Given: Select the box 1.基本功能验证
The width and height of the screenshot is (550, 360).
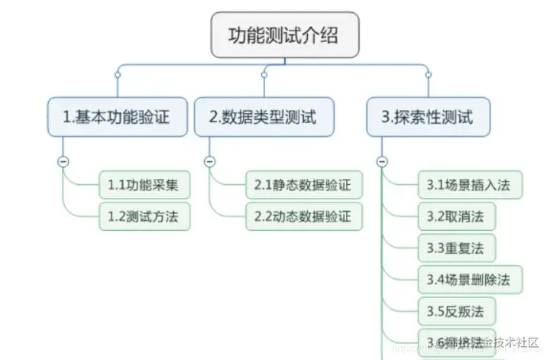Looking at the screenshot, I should pyautogui.click(x=117, y=118).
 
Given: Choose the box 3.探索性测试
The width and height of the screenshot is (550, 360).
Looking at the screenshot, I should pyautogui.click(x=427, y=118).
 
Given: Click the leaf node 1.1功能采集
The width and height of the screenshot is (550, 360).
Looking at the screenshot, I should pyautogui.click(x=144, y=186).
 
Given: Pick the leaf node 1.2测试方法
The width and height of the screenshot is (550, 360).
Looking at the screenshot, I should pyautogui.click(x=144, y=216).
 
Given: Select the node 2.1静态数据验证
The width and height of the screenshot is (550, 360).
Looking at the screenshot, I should pyautogui.click(x=303, y=186).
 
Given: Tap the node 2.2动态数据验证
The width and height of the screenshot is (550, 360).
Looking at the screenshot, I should pyautogui.click(x=303, y=216).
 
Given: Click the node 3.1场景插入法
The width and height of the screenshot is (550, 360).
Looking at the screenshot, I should pyautogui.click(x=470, y=186).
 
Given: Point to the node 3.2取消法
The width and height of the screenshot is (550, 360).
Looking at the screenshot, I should pyautogui.click(x=456, y=216).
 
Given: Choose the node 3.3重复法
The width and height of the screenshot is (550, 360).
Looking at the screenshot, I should pyautogui.click(x=456, y=248).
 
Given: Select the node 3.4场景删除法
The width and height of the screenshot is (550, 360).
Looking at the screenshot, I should pyautogui.click(x=470, y=278).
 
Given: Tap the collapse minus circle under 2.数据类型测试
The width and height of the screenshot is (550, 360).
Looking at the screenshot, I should pyautogui.click(x=209, y=161).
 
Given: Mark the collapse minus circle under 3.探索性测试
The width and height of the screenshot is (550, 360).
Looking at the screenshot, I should pyautogui.click(x=381, y=161).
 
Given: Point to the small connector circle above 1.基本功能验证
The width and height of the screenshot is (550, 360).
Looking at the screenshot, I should pyautogui.click(x=117, y=74).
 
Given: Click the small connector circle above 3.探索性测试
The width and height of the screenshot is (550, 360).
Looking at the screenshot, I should pyautogui.click(x=428, y=74).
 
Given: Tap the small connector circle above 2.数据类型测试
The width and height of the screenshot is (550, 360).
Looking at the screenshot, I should pyautogui.click(x=264, y=74).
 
